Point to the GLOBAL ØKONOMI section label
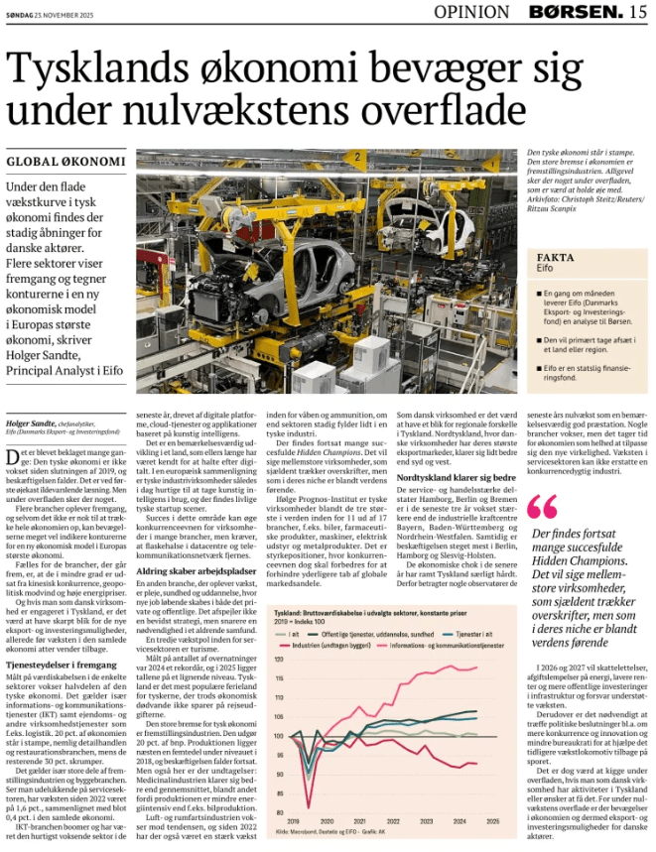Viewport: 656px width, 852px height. pos(66,162)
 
